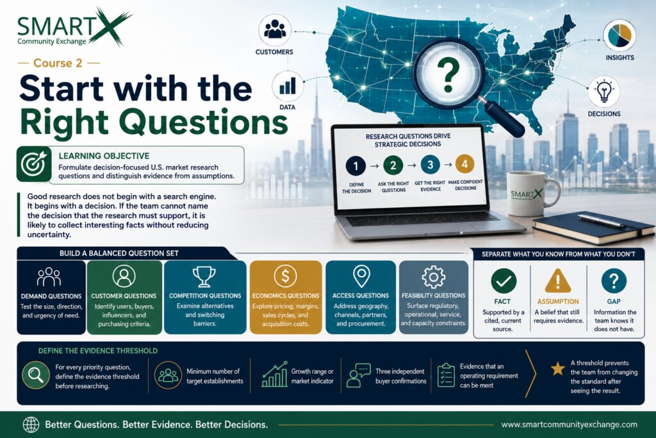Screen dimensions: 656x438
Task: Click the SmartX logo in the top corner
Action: pos(74,27)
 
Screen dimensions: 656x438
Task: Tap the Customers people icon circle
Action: pos(274,30)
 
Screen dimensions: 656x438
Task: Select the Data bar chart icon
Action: pos(288,87)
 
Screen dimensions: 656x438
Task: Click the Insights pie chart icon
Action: pos(619,36)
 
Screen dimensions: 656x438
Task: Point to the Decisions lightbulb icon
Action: pos(603,91)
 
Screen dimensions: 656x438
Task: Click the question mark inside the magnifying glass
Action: pos(448,75)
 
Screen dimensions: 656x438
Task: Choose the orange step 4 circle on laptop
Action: pos(464,164)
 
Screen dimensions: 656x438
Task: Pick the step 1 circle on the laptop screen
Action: pos(356,166)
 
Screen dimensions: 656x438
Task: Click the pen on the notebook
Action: pos(602,221)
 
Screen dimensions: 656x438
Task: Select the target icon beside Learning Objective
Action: pos(34,164)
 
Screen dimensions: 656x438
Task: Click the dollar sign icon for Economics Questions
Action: pos(285,276)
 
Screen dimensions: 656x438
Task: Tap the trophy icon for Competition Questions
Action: pos(204,276)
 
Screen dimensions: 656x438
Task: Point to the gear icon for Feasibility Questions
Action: pos(434,277)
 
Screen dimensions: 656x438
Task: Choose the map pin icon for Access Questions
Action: pos(361,276)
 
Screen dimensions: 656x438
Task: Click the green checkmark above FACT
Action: pos(504,280)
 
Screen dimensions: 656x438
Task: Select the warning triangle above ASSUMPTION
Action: pos(558,280)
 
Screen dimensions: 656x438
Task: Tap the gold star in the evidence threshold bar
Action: pos(557,369)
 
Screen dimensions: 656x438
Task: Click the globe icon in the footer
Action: pos(31,425)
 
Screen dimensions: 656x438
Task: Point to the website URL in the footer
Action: pos(570,425)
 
